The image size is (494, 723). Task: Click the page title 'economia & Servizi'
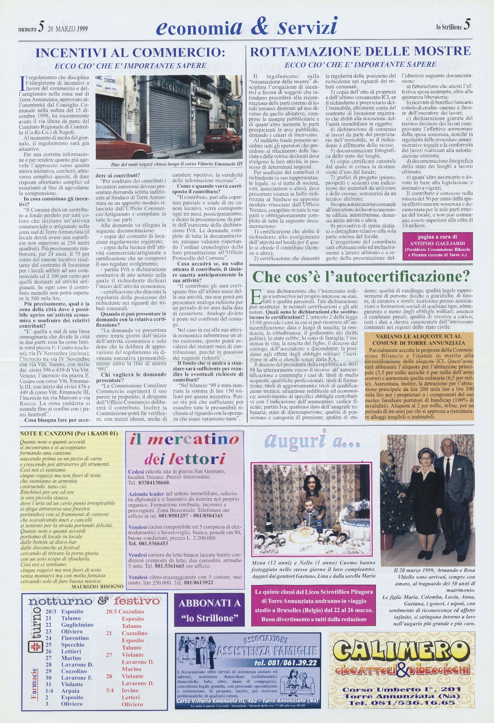246,27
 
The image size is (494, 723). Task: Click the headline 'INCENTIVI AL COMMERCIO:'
130,52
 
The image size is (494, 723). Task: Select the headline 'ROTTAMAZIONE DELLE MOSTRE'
360,51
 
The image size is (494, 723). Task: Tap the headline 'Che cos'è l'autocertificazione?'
361,276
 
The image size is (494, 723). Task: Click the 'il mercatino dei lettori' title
185,449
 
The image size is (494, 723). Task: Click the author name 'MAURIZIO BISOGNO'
98,586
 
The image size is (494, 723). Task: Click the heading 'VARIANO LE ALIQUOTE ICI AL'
419,336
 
